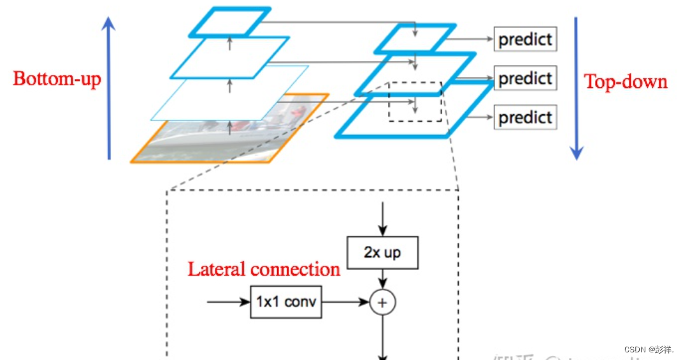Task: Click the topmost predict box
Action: click(525, 40)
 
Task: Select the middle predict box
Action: click(525, 78)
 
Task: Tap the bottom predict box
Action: click(525, 117)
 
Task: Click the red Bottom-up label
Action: click(57, 79)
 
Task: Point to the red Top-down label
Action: click(626, 82)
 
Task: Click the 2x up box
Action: click(382, 252)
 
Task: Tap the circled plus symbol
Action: click(382, 303)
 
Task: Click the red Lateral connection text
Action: click(264, 270)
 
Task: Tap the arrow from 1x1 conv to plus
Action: click(345, 302)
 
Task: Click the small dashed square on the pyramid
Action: click(415, 101)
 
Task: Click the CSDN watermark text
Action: click(649, 349)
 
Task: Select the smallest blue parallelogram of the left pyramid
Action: click(229, 22)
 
